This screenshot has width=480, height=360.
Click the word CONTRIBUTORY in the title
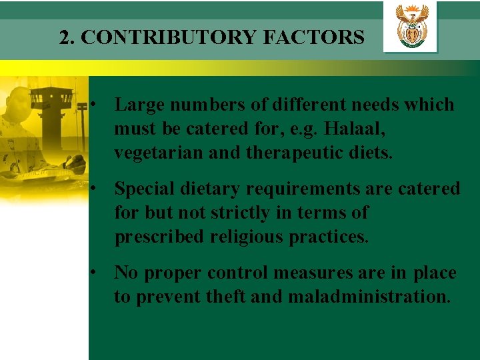pos(169,37)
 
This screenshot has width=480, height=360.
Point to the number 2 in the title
pos(64,37)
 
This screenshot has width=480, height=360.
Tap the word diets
pos(371,153)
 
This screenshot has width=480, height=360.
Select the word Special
pos(146,189)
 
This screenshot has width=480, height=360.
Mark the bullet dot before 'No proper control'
pos(97,273)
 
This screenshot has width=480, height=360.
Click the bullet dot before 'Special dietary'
pos(97,189)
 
